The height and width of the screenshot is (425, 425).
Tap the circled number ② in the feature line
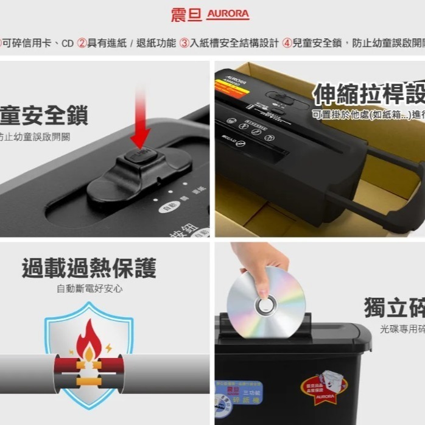[82, 43]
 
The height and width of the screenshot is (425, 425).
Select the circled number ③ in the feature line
[184, 43]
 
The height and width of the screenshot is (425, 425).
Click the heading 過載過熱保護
[89, 268]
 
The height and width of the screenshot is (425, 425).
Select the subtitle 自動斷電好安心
[90, 289]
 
